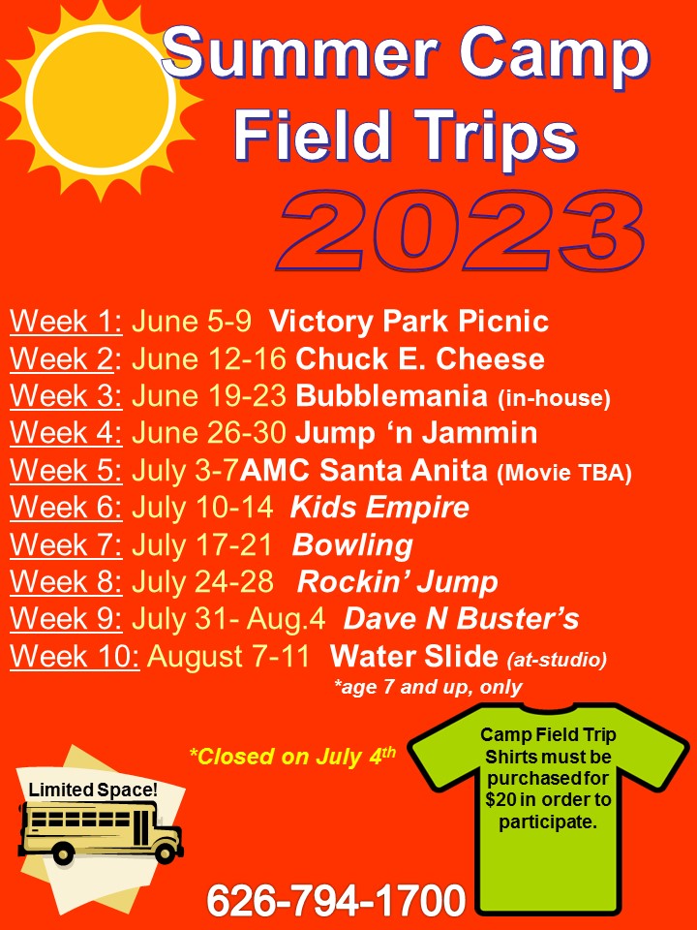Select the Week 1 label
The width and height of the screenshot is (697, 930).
(66, 322)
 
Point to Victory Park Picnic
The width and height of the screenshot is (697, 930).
(409, 322)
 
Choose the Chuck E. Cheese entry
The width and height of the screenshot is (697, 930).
(419, 359)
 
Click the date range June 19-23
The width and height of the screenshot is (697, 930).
(209, 396)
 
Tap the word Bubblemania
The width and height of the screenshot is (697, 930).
(391, 396)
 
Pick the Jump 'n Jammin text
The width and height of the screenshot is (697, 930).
(416, 434)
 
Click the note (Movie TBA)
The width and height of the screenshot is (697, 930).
(564, 473)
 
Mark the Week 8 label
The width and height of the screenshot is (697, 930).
(66, 582)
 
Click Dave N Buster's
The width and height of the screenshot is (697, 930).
(461, 619)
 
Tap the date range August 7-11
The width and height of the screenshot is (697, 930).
(228, 657)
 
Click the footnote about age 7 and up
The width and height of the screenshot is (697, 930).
(428, 688)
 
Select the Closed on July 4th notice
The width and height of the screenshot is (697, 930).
(292, 757)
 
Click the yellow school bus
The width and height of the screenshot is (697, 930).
(101, 830)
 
